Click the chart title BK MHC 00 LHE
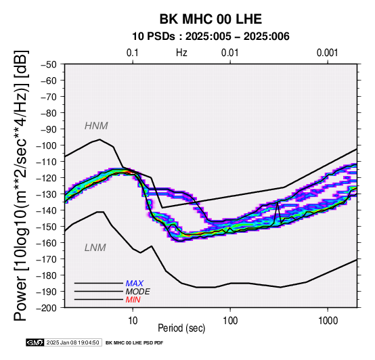coord(211,19)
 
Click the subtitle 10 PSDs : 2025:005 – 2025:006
coord(211,37)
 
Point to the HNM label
coord(96,126)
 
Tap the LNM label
coord(95,248)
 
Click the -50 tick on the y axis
coord(49,64)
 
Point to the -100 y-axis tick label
coord(47,145)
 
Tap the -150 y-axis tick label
coord(47,227)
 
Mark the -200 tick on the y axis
coord(47,308)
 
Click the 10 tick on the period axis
coord(133,321)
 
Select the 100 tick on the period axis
coord(230,321)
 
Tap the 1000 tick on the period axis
coord(328,321)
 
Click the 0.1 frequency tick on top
coord(133,53)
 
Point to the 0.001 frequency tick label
coord(328,53)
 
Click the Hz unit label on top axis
coord(181,53)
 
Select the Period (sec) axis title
coord(181,328)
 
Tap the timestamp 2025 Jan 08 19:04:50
coord(72,342)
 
